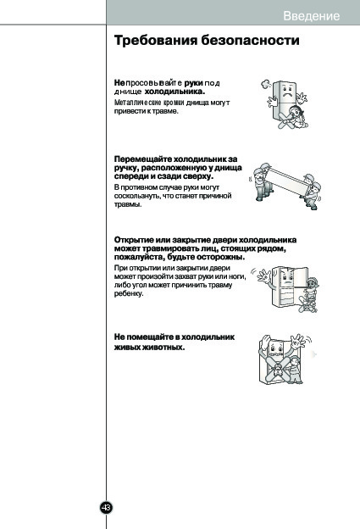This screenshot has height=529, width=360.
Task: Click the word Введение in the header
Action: pyautogui.click(x=311, y=16)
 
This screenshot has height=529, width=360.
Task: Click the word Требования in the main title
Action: pyautogui.click(x=156, y=40)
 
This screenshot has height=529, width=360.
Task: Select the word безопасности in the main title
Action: pyautogui.click(x=250, y=40)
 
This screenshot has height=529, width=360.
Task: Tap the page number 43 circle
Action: pyautogui.click(x=106, y=508)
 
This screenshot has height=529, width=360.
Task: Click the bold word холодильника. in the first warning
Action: pyautogui.click(x=174, y=92)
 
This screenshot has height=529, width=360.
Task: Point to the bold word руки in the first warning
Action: pyautogui.click(x=193, y=83)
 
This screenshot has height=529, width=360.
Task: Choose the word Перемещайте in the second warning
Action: pyautogui.click(x=143, y=159)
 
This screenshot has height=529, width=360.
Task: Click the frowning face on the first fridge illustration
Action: pyautogui.click(x=287, y=92)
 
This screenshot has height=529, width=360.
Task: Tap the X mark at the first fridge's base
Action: pyautogui.click(x=286, y=120)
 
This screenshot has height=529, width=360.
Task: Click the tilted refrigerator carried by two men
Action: pyautogui.click(x=287, y=181)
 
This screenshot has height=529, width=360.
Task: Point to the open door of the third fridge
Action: pyautogui.click(x=301, y=277)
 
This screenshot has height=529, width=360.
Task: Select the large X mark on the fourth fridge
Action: pyautogui.click(x=278, y=369)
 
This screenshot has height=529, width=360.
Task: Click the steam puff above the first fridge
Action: pyautogui.click(x=266, y=83)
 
